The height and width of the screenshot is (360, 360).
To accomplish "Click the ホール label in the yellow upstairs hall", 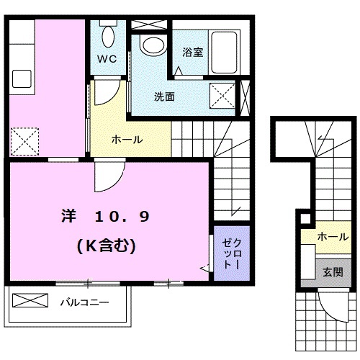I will click(127, 139).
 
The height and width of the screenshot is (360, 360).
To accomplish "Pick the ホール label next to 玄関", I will click(333, 235).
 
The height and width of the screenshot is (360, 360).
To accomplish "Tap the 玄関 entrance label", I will click(333, 272).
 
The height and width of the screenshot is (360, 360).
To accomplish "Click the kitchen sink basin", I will click(19, 78).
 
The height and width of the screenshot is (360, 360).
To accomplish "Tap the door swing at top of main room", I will click(108, 176).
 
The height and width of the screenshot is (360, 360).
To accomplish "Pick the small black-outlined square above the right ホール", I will click(305, 218).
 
